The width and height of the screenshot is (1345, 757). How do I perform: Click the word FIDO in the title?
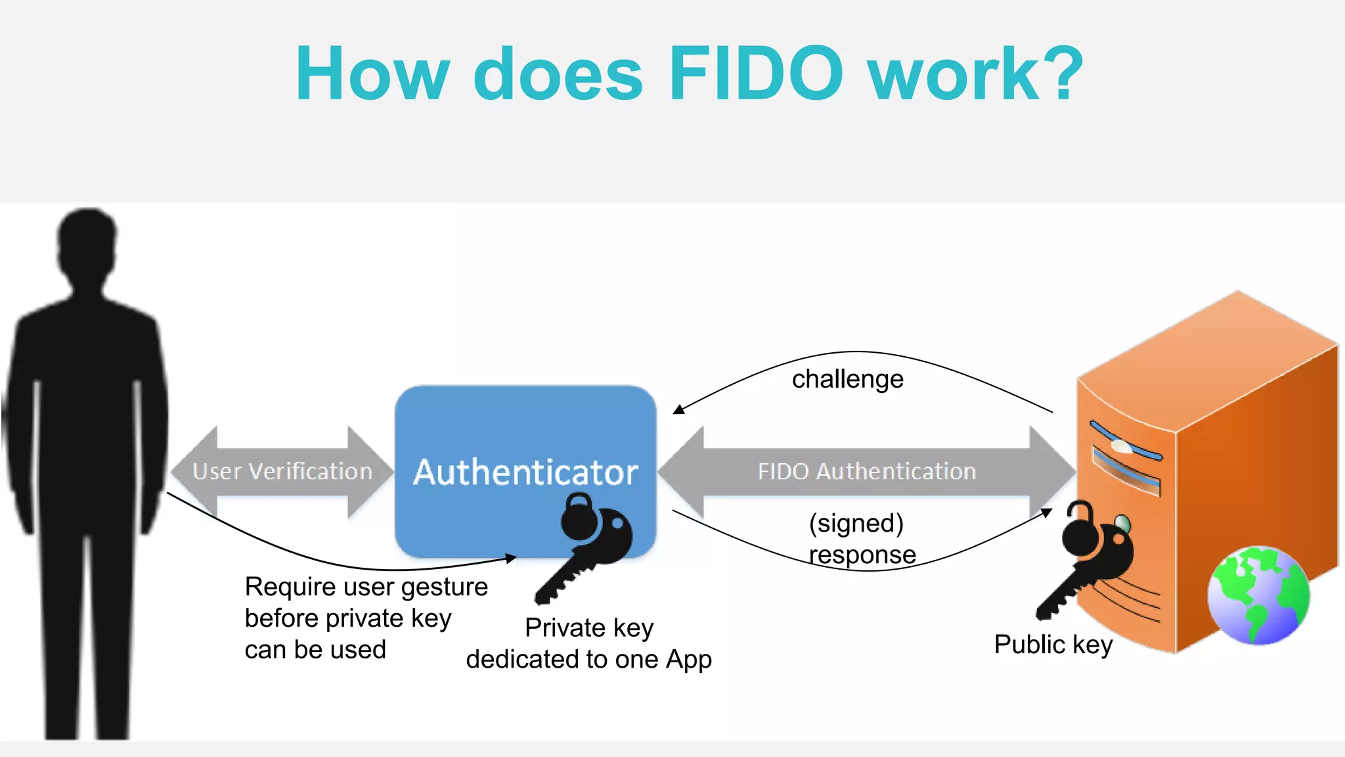pos(755,74)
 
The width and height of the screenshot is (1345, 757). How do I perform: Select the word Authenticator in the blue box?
pos(525,472)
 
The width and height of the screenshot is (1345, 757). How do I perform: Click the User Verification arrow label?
pos(282,471)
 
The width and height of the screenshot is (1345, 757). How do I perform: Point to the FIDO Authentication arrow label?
pos(866,471)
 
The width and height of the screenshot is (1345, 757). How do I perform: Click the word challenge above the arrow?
pos(847,379)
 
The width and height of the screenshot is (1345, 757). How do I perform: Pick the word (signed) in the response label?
pos(856,523)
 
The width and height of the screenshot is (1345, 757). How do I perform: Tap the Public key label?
pos(1053,645)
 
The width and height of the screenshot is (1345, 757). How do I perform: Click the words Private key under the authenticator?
pos(589,628)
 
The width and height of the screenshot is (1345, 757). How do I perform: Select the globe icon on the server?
pos(1258,595)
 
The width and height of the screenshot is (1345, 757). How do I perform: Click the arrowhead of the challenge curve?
pos(678,410)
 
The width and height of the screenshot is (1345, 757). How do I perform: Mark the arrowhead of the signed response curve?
pos(1047,512)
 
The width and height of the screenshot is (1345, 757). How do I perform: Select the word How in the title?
pos(372,74)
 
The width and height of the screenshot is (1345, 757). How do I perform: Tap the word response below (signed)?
pos(862,555)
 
